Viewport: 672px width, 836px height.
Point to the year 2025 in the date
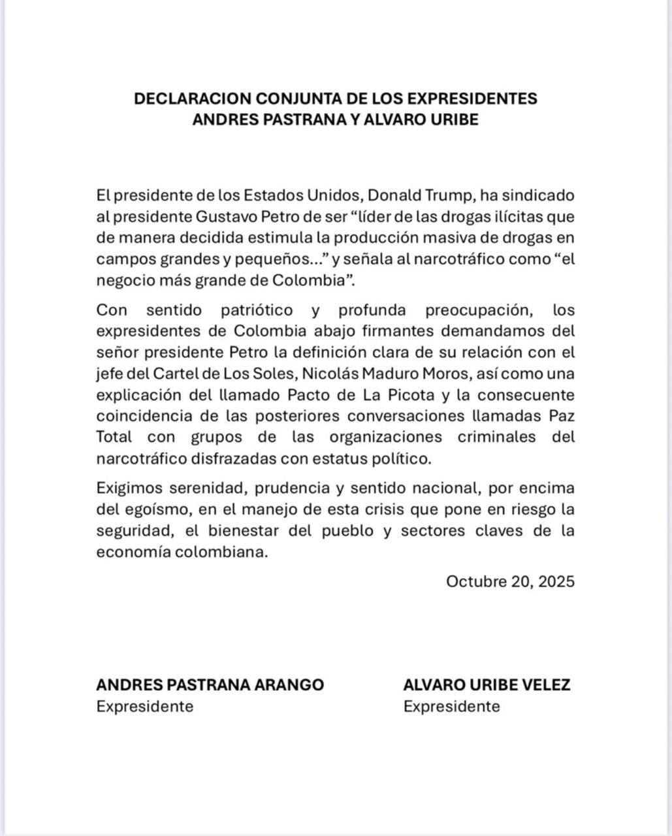557,581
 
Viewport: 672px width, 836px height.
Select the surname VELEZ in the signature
547,684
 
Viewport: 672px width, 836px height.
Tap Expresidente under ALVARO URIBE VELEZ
451,706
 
